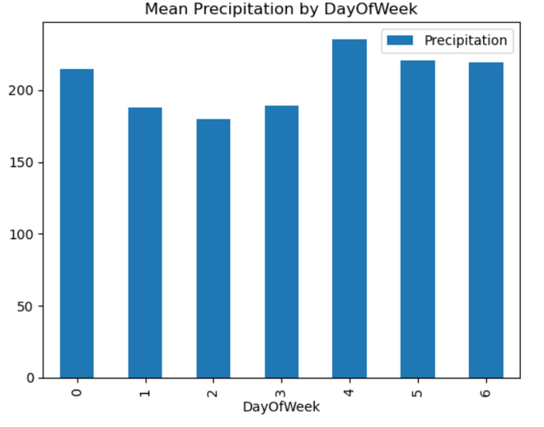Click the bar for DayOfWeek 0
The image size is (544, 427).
(77, 223)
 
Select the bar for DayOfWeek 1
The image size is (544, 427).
(145, 242)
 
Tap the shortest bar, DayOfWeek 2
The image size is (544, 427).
(213, 248)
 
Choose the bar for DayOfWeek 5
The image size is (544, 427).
(418, 219)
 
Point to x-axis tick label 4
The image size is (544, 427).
(349, 392)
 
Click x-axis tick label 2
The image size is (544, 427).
(213, 392)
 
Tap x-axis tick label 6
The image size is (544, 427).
(485, 392)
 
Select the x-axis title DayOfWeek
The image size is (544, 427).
(281, 407)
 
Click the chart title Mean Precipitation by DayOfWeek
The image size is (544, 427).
(281, 9)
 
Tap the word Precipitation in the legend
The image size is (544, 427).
(465, 40)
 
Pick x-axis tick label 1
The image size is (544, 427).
(145, 392)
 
